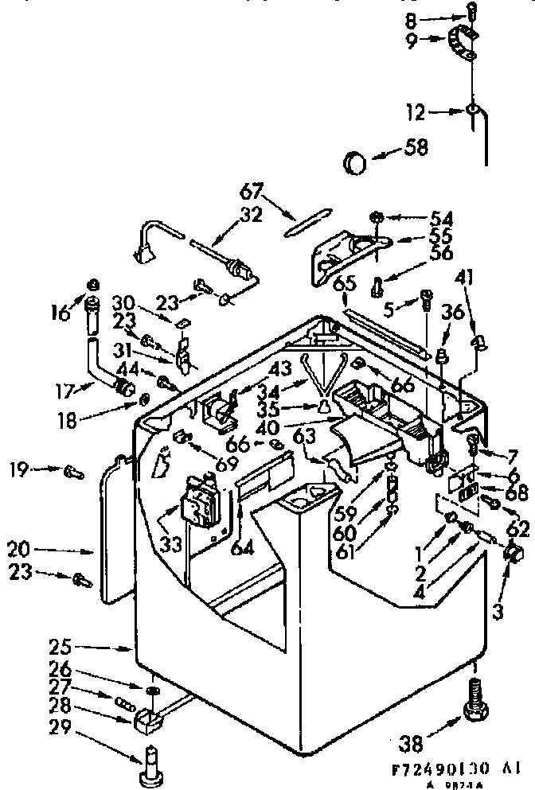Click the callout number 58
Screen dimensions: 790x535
[416, 147]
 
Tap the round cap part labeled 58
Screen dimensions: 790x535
[355, 163]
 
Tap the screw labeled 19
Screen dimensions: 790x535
[72, 472]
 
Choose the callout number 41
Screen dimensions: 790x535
[465, 278]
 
